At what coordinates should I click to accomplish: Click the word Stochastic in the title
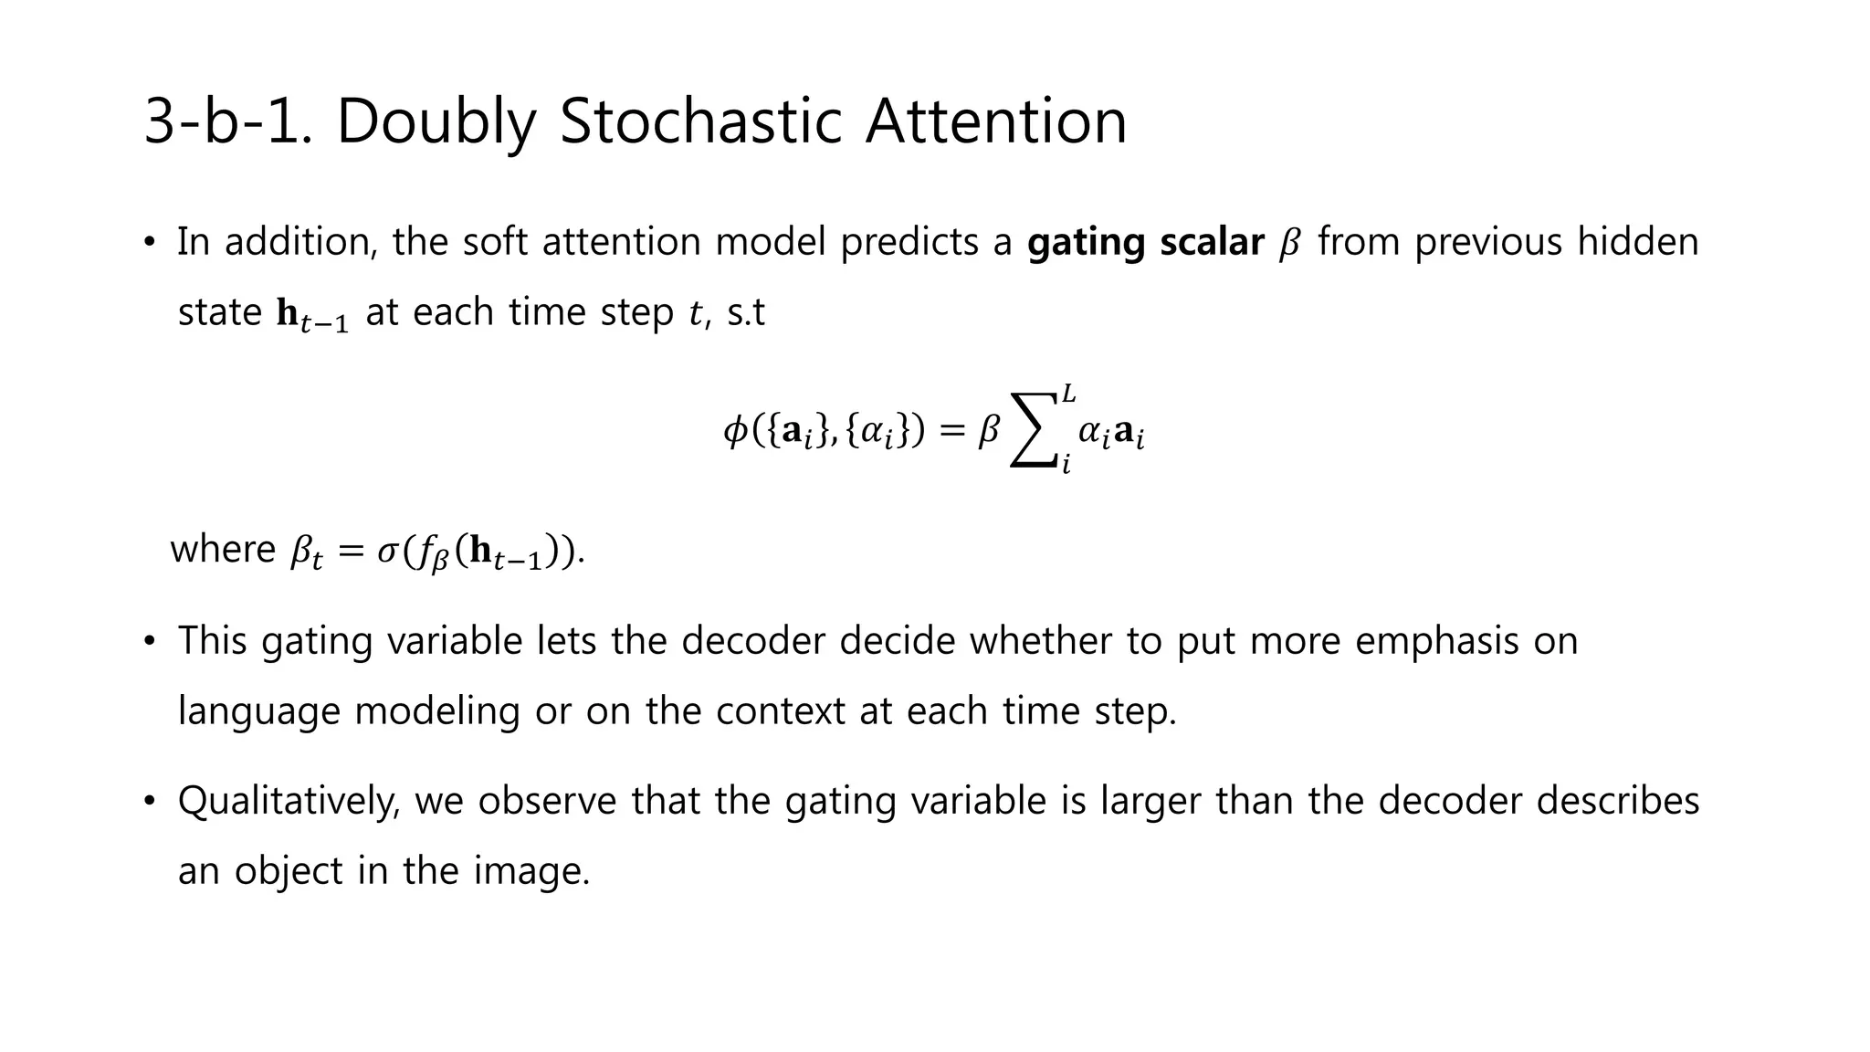699,121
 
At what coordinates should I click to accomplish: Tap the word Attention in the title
996,121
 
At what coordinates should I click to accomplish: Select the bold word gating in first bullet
1086,243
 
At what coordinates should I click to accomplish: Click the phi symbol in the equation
735,431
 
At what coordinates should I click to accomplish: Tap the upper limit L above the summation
1067,394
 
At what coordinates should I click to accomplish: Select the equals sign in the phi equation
951,431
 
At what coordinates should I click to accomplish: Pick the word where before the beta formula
223,550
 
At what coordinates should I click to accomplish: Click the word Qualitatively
289,802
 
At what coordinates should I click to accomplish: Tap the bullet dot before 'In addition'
150,243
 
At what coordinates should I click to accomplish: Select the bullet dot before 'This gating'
150,641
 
